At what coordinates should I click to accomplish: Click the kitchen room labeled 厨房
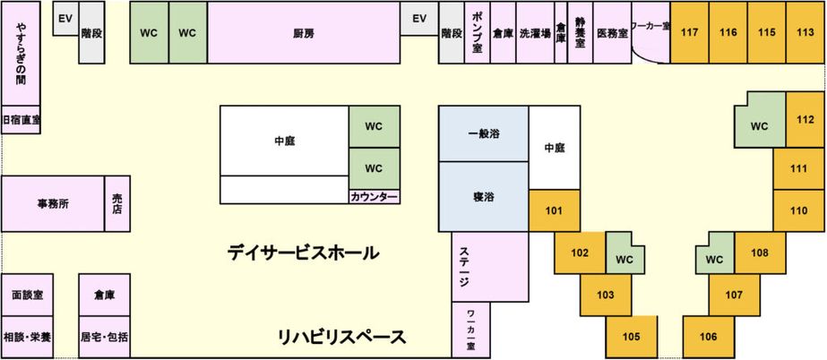point(303,33)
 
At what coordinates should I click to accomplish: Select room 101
point(554,211)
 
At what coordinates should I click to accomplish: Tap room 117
point(690,32)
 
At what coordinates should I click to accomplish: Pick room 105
point(632,337)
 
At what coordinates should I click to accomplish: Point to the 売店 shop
point(117,203)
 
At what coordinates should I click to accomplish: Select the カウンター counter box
point(374,196)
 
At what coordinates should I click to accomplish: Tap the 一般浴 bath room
point(483,133)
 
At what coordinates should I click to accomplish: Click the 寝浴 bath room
point(483,195)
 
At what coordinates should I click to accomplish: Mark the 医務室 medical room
point(612,33)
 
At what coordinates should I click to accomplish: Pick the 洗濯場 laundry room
point(534,33)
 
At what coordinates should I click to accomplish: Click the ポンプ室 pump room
point(478,33)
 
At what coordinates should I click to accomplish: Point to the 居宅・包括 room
point(104,338)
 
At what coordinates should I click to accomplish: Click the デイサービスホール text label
point(303,253)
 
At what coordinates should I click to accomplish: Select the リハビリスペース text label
point(341,338)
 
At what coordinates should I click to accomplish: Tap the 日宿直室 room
point(21,120)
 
